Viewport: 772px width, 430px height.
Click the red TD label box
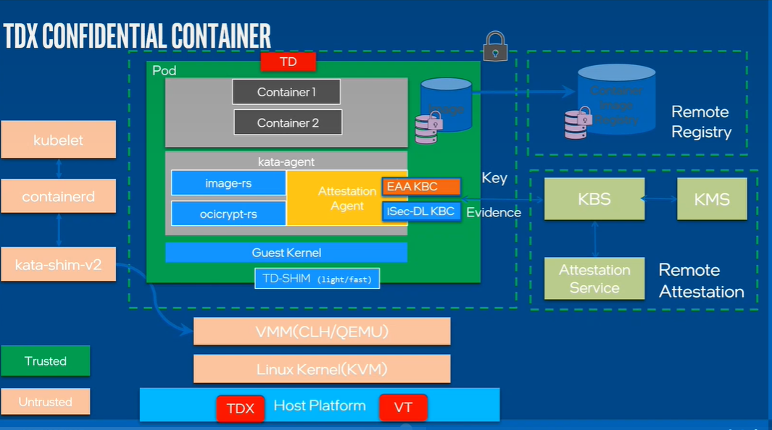(x=289, y=62)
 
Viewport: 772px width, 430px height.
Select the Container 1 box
(x=286, y=92)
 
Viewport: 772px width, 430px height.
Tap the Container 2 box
(x=288, y=122)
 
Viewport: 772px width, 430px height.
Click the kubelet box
(x=58, y=140)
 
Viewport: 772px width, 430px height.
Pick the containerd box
(x=58, y=196)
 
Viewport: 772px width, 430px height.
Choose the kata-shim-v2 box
(x=58, y=265)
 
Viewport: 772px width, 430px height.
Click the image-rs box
(x=228, y=183)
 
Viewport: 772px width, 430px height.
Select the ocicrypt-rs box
(x=228, y=214)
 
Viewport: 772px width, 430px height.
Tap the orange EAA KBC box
(x=421, y=187)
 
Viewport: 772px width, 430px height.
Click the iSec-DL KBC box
(x=421, y=211)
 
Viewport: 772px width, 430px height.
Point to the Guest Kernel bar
(x=286, y=253)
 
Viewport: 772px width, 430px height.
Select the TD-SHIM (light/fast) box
(x=317, y=278)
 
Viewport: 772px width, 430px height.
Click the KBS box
(x=594, y=198)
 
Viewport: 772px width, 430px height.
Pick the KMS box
(x=711, y=198)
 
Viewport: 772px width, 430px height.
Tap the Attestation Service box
(x=594, y=279)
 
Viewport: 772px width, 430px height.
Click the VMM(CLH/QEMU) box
(x=322, y=332)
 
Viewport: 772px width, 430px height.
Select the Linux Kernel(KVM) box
(x=322, y=369)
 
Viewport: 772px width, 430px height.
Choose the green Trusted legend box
(x=46, y=361)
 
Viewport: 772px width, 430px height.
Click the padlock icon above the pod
(x=496, y=45)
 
